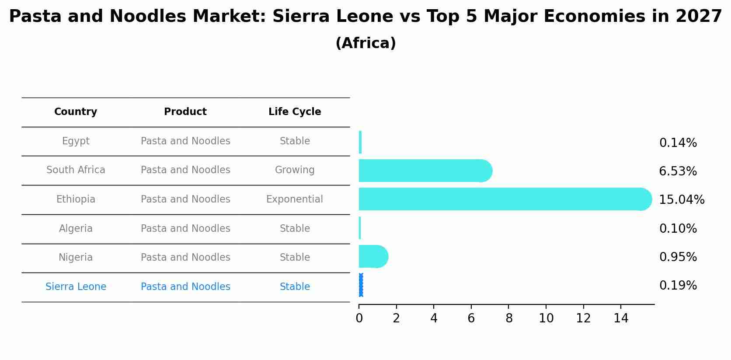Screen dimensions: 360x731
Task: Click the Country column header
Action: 76,112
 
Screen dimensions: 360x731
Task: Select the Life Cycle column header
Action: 295,112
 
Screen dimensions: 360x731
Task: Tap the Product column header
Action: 185,112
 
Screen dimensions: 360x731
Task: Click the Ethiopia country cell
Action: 76,199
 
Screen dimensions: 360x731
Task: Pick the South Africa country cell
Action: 76,170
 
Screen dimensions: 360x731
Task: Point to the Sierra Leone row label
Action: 76,287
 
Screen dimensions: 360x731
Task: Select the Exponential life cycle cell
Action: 295,199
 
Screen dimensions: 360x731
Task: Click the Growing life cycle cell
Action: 295,170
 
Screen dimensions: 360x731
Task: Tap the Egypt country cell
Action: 76,141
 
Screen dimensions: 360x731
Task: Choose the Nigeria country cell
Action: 76,258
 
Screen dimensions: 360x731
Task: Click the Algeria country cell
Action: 76,229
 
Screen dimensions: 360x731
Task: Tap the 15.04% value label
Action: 682,200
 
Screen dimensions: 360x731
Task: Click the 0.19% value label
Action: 678,286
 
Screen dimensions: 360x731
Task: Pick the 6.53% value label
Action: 678,171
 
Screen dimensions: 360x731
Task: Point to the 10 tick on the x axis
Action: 546,318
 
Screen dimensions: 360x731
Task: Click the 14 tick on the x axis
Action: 621,318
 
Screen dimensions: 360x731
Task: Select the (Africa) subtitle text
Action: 365,43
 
